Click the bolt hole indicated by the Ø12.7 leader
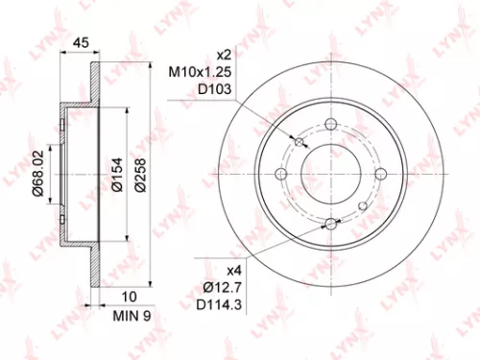(x=331, y=224)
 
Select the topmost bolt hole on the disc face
(x=331, y=124)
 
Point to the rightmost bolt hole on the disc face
(x=381, y=174)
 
